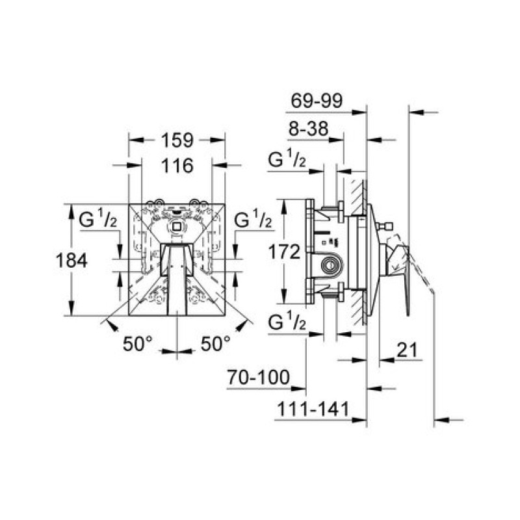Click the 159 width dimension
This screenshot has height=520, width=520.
(177, 140)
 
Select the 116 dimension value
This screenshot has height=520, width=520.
(177, 166)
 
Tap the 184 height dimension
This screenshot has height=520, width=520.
(71, 260)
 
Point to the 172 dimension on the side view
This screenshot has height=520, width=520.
(284, 252)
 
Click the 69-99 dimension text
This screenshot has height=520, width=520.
(317, 101)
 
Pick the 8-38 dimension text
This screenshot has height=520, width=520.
(308, 128)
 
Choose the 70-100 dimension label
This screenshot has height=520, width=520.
(258, 377)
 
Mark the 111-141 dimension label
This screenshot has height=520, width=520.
(313, 409)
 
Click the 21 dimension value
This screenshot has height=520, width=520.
(407, 350)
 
